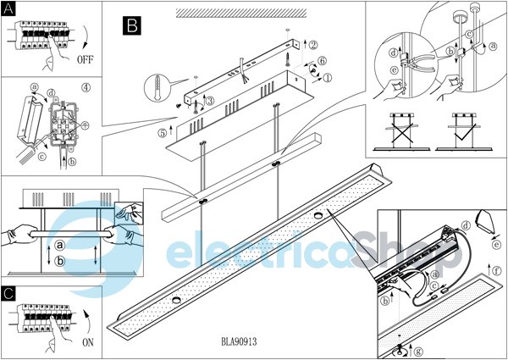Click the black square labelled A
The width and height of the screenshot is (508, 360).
tap(8, 8)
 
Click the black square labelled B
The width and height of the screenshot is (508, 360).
tap(132, 25)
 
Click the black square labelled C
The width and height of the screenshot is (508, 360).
tap(8, 294)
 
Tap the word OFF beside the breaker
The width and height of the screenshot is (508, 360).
tap(86, 59)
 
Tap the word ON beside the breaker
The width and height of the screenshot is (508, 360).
tap(88, 342)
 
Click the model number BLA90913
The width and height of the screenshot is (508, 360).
tap(240, 341)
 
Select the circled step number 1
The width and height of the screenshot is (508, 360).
tap(328, 78)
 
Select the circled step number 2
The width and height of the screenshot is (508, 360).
tap(313, 45)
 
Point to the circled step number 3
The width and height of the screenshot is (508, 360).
tap(210, 101)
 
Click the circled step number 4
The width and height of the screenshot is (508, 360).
tap(86, 88)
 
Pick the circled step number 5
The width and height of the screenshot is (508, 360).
tap(163, 133)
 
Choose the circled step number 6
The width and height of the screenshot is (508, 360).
tap(322, 60)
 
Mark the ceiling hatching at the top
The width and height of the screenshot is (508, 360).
tap(241, 13)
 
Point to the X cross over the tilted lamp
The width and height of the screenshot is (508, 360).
tap(402, 131)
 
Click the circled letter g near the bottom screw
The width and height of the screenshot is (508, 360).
tap(418, 351)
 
